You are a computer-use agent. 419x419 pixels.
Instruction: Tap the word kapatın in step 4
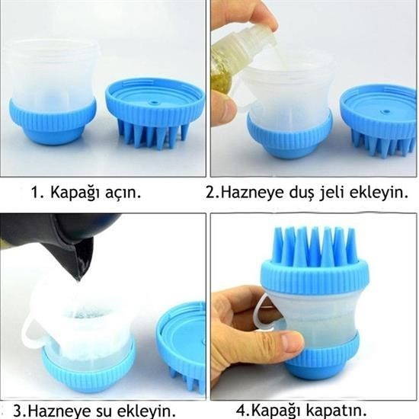336,410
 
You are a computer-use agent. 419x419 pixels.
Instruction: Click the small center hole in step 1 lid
153,102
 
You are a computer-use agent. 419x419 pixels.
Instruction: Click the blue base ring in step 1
52,122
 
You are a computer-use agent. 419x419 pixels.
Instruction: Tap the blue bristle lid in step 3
181,347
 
